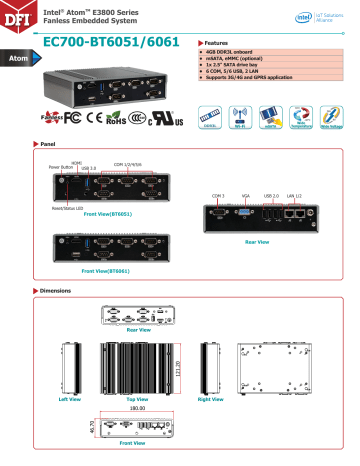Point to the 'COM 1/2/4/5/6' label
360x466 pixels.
130,162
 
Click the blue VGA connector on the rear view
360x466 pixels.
244,211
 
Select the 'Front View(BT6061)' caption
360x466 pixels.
108,271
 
